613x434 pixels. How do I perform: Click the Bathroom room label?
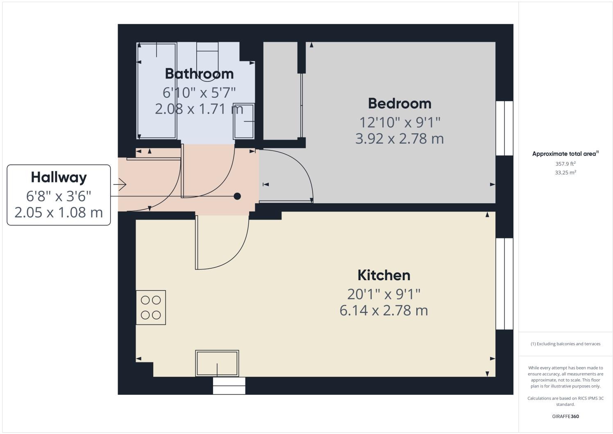tap(199, 74)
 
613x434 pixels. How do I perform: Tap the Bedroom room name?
tap(400, 103)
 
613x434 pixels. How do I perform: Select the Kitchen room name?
tap(384, 275)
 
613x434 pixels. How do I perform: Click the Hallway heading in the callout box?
tap(59, 178)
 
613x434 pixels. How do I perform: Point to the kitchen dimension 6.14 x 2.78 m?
tap(384, 310)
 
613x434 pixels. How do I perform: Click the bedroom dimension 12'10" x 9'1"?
tap(400, 122)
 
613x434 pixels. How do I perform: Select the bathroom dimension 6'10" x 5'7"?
tap(199, 93)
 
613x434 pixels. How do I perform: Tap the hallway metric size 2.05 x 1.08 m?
tap(59, 213)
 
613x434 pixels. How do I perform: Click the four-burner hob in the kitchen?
tap(151, 308)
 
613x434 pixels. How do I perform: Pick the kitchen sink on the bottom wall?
tap(217, 363)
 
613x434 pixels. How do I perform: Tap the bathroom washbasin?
tap(244, 121)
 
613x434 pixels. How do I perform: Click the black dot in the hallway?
tap(237, 196)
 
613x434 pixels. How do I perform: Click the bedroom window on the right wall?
tap(504, 128)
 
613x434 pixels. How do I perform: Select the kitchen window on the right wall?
tap(504, 284)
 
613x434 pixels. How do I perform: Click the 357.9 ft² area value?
tap(565, 164)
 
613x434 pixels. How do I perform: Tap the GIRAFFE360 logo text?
tap(565, 417)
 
